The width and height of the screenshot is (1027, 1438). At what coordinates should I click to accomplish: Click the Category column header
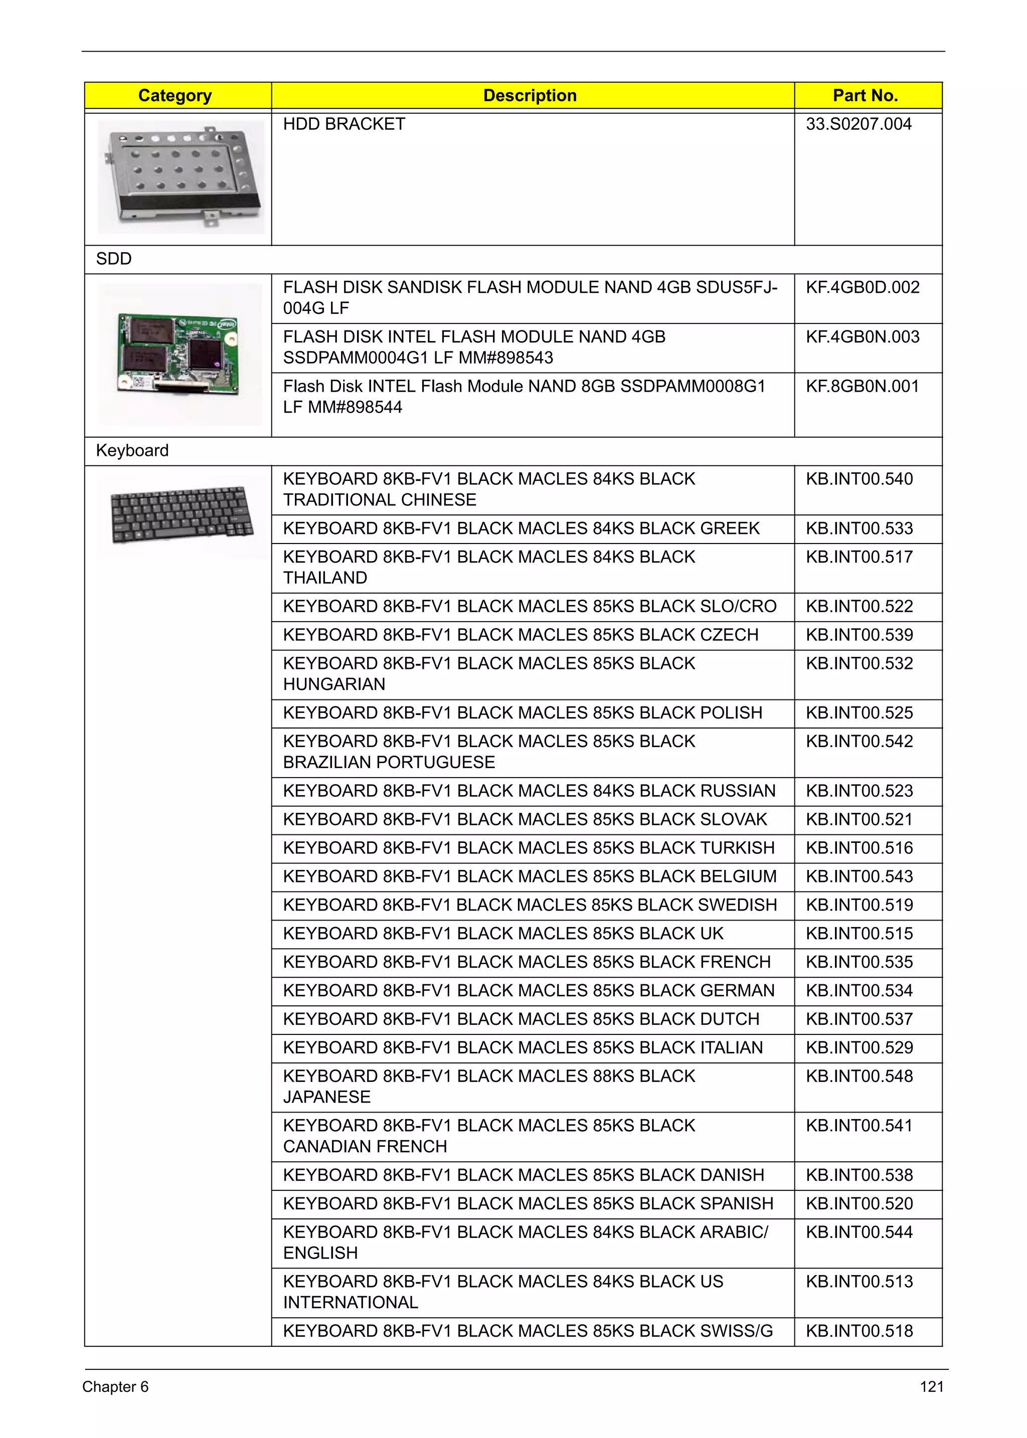click(x=175, y=95)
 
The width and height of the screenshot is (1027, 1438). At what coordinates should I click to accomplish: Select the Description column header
click(x=530, y=95)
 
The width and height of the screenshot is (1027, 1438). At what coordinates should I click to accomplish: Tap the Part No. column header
click(x=865, y=95)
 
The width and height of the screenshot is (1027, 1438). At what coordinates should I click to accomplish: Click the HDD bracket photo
click(x=181, y=176)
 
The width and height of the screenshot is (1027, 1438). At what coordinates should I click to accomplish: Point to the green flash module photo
click(x=180, y=353)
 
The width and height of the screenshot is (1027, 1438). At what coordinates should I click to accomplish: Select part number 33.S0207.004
click(x=858, y=124)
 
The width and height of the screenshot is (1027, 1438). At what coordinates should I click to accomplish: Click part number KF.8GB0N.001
click(x=862, y=387)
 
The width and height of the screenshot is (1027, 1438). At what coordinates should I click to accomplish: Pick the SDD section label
click(x=114, y=259)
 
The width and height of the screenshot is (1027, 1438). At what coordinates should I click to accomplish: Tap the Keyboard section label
click(x=132, y=450)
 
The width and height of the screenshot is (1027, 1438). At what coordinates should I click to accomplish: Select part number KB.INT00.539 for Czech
click(x=859, y=635)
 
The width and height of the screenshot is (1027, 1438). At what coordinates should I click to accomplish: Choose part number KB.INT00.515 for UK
click(x=859, y=934)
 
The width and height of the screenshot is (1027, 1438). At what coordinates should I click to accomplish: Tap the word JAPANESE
click(x=326, y=1097)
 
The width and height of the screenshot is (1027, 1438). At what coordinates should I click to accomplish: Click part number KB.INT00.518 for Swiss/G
click(x=859, y=1331)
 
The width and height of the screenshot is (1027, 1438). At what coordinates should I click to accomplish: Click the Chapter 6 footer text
click(x=115, y=1387)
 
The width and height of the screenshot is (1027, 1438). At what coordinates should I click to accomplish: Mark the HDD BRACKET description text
click(x=344, y=124)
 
